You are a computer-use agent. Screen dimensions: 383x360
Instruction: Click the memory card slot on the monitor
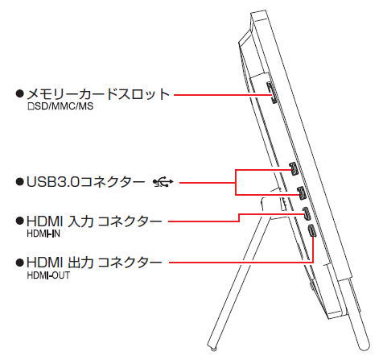[272, 93]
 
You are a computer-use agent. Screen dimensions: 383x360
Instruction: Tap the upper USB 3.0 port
[294, 169]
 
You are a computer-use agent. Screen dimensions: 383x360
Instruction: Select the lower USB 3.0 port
[302, 192]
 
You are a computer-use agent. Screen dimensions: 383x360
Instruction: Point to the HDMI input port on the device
[307, 213]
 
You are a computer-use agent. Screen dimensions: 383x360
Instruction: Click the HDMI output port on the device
[312, 231]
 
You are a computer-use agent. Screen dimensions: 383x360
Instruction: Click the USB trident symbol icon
[163, 183]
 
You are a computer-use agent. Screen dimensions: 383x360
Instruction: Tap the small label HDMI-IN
[43, 234]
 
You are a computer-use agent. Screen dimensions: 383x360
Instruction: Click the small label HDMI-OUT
[48, 275]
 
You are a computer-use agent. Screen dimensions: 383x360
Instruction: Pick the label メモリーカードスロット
[98, 94]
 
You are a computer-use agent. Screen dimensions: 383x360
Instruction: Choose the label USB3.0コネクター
[86, 182]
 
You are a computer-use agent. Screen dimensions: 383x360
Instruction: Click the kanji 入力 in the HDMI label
[80, 221]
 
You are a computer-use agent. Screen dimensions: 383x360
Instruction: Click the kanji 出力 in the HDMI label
[80, 263]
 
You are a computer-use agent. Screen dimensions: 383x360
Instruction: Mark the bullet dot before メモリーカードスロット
[20, 93]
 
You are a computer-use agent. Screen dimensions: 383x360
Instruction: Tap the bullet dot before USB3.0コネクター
[20, 182]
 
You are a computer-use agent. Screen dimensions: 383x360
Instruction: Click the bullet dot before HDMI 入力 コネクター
[20, 221]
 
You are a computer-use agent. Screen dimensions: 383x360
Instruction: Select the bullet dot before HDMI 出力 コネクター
[20, 263]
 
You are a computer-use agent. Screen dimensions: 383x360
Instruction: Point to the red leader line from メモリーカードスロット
[223, 95]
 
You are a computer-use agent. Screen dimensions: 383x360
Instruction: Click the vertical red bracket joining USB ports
[236, 182]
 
